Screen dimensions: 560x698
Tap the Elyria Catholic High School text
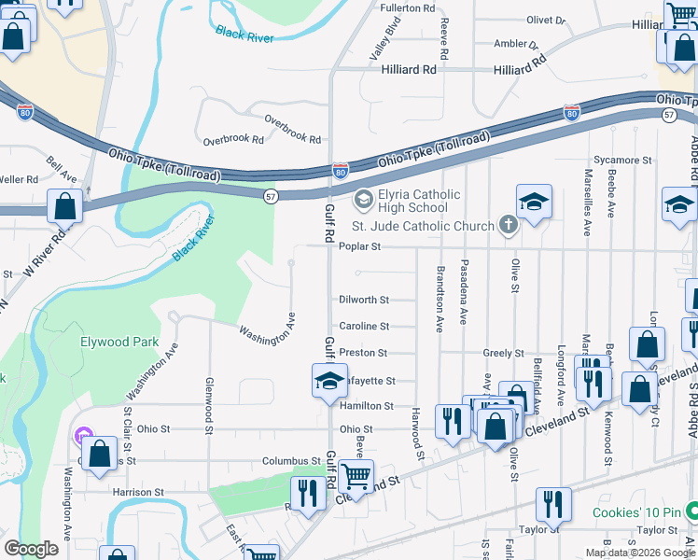[407, 201]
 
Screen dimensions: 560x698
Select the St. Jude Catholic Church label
[422, 226]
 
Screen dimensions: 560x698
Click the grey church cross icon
[508, 224]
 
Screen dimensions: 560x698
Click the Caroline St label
[364, 326]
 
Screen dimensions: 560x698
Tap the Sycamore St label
[622, 161]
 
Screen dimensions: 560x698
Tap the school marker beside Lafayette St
[328, 381]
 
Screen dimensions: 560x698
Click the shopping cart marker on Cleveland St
[356, 476]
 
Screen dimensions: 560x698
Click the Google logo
[32, 549]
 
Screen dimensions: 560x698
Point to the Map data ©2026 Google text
[639, 553]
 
